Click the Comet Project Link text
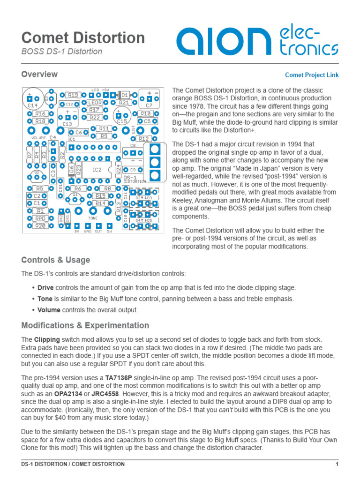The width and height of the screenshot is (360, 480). pos(312,75)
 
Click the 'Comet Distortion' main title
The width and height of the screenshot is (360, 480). pos(83,37)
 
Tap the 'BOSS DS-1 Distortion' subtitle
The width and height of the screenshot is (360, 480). pos(61,52)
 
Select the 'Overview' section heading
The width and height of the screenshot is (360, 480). pos(39,74)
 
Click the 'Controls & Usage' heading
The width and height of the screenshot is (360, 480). pos(56,260)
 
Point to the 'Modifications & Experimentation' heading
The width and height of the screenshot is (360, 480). pos(85,325)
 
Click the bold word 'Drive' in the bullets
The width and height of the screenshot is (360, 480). pos(45,287)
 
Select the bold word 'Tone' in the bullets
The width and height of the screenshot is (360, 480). pos(45,299)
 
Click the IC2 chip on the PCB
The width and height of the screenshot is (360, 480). pos(97,169)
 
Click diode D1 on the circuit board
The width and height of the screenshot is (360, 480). pos(124,95)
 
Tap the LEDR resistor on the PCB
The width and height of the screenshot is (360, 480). pos(95,102)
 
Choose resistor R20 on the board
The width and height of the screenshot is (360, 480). pos(41,226)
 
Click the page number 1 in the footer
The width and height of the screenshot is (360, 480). pos(337,464)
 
